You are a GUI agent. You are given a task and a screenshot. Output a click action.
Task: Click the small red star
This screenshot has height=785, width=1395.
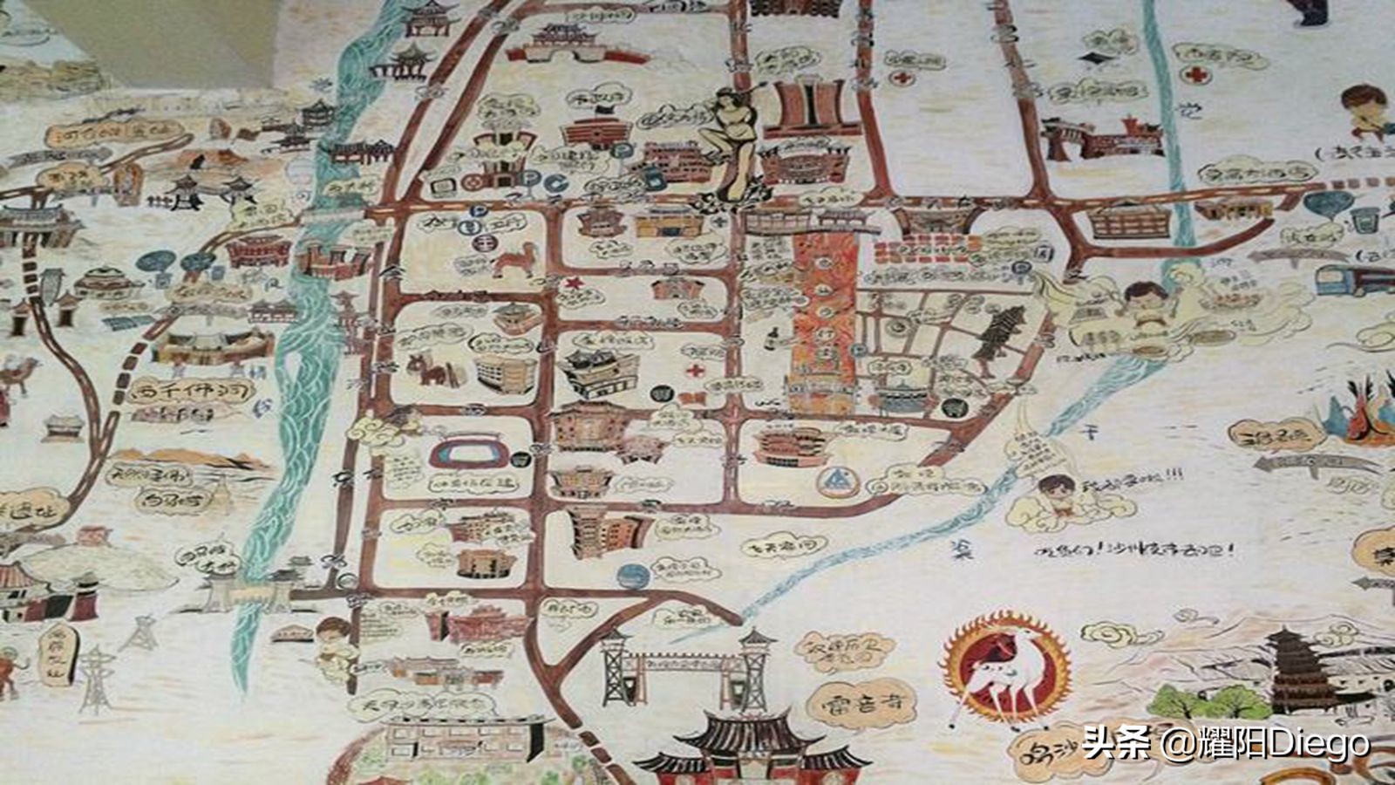tap(574, 283)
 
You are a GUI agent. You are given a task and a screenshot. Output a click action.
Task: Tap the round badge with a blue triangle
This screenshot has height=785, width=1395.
tap(835, 480)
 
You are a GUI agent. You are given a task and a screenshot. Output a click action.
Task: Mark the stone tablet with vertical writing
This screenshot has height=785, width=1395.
tap(56, 653)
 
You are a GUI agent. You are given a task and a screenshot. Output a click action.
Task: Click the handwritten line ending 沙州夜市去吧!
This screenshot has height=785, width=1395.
tap(1133, 549)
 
